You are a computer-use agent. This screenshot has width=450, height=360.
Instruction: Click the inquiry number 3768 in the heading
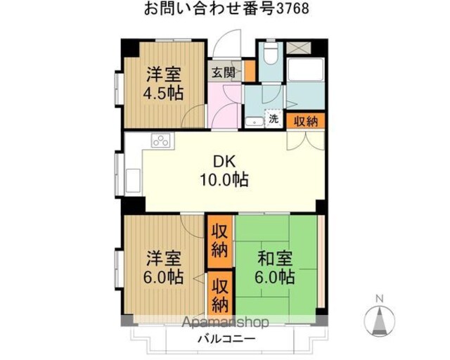coord(293,8)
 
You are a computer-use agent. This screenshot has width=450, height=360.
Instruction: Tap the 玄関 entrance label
coord(224,72)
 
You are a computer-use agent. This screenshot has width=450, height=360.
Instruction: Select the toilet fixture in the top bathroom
coord(270,54)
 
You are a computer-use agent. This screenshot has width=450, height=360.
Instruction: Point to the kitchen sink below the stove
coord(133,181)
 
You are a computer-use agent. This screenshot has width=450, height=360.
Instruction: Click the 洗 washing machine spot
coord(274,118)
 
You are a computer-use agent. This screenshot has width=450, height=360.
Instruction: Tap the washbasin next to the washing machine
coord(255,122)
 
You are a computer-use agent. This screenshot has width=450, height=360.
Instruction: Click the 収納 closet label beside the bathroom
coord(306,122)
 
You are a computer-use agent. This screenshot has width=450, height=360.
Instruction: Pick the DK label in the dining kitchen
coord(224,162)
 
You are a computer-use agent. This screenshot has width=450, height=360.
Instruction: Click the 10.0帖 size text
coord(224,180)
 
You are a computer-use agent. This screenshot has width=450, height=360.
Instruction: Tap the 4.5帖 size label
coord(163,94)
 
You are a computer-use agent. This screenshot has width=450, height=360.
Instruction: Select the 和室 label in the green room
coord(275,258)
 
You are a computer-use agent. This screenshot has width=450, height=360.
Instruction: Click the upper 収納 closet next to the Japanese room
coord(220,241)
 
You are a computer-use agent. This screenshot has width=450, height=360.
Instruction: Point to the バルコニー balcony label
coord(226,339)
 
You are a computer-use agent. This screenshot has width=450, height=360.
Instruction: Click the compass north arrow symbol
coord(380,320)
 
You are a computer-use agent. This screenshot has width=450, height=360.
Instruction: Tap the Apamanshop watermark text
coord(226,322)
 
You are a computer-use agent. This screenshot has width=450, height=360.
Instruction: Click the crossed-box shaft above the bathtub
coord(298,48)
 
